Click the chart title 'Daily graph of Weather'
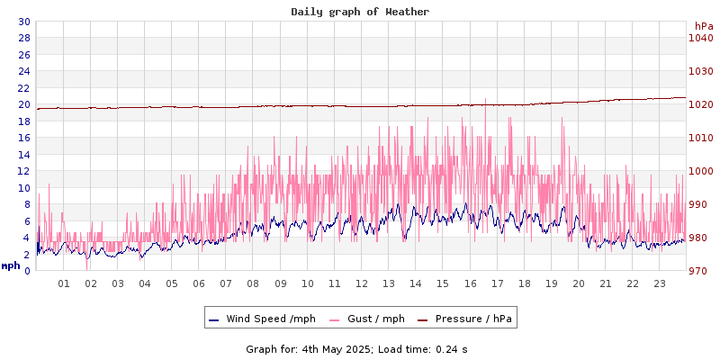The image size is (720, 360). point(360,12)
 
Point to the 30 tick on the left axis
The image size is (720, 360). point(23,22)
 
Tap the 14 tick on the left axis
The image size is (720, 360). point(23,155)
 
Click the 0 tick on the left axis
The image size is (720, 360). point(27,271)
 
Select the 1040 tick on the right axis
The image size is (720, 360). point(700,39)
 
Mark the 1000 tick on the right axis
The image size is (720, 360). point(700,171)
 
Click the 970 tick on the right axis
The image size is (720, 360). point(698,271)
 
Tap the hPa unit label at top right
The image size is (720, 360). point(704,27)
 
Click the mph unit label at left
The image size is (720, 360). point(11,265)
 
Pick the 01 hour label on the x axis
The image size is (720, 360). point(64,283)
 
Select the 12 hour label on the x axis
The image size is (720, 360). point(362,283)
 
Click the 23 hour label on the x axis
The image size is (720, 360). point(660,283)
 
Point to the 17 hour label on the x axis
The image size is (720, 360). point(497,283)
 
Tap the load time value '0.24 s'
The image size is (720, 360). point(447,349)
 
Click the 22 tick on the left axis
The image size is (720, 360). point(23,88)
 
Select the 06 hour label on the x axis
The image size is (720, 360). point(199,283)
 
